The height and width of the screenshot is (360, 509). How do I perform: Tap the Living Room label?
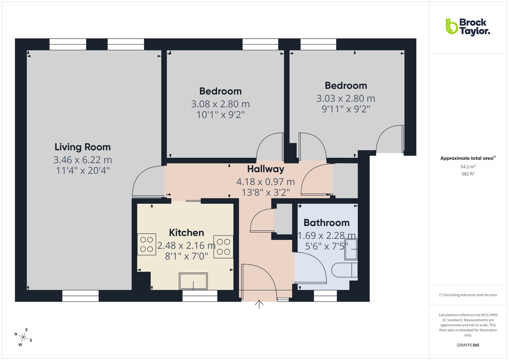(83, 147)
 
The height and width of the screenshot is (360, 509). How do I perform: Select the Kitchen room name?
(186, 232)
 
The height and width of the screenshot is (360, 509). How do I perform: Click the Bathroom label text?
(327, 223)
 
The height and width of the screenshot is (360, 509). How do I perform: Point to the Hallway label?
(266, 169)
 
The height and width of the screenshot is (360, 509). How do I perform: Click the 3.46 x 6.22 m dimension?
(83, 160)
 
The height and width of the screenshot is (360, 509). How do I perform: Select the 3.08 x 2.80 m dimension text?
(221, 104)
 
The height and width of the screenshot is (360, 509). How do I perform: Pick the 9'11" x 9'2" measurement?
(346, 109)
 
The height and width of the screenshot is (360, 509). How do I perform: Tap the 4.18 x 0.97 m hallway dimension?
(265, 182)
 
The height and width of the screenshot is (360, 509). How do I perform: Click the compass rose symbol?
(24, 338)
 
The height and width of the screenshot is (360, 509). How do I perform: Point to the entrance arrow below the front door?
(259, 304)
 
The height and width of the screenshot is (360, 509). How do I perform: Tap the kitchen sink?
(194, 281)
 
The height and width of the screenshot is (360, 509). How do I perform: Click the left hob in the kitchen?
(146, 244)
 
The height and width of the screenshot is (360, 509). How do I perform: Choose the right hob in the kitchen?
(224, 246)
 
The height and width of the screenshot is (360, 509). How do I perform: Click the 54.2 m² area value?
(468, 167)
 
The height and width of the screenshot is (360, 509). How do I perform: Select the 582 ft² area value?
(468, 174)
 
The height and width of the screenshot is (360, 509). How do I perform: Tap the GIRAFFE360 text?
(468, 345)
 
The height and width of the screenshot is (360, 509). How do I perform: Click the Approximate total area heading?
(468, 158)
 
